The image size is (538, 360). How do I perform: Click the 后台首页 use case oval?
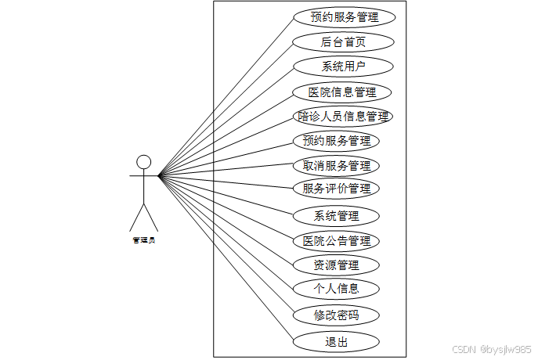343,41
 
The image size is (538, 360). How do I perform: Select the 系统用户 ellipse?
343,66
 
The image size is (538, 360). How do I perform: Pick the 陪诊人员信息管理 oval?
343,117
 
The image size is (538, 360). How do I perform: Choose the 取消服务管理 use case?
336,166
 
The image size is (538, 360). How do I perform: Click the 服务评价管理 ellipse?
336,189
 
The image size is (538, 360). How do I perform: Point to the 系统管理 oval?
336,215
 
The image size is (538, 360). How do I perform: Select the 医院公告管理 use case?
336,240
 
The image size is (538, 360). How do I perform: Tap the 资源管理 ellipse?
336,265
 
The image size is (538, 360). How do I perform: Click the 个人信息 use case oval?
336,288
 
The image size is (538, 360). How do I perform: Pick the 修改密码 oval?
336,315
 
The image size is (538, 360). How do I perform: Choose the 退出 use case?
336,342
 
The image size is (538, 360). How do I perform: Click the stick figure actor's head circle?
143,162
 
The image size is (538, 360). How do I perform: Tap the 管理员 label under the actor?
143,239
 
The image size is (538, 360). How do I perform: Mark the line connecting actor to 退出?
226,257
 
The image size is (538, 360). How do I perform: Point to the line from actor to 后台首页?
226,108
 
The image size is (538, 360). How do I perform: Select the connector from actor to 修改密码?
226,245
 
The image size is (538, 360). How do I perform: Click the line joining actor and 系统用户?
226,121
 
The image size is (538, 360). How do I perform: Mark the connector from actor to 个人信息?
226,232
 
